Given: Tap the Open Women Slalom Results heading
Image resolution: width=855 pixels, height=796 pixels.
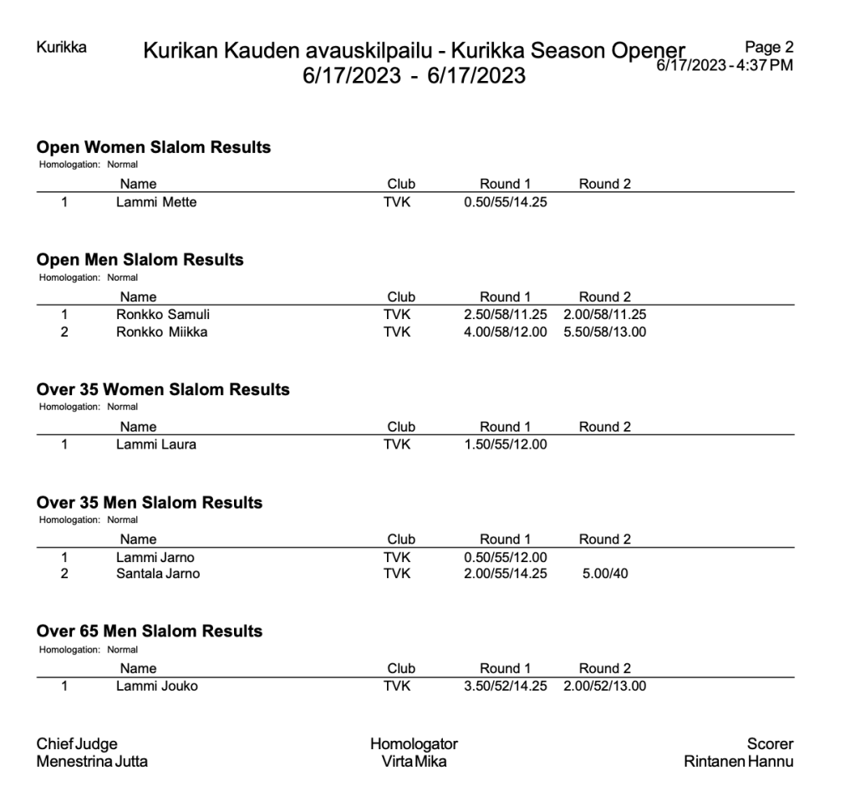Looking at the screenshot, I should click(x=154, y=147).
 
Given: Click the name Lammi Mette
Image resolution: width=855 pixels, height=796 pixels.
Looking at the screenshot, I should click(x=156, y=201).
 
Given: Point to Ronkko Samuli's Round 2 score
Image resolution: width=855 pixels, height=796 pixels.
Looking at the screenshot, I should click(x=604, y=315).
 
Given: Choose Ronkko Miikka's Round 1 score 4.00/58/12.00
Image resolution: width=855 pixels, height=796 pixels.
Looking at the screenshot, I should click(x=505, y=332).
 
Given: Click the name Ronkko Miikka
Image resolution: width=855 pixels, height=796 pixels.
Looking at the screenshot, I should click(x=162, y=332).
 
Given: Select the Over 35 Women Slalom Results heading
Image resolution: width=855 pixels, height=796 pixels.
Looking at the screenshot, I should click(x=163, y=389).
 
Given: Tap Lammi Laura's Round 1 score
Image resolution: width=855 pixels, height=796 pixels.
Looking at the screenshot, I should click(x=505, y=444).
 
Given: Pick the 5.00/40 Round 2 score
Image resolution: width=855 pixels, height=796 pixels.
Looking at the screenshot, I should click(x=604, y=574).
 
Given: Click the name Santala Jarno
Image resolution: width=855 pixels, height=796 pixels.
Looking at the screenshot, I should click(x=158, y=574).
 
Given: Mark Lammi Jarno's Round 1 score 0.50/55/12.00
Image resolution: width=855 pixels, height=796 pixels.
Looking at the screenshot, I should click(x=505, y=557).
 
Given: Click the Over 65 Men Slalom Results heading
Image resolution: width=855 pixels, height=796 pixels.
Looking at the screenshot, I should click(x=150, y=631).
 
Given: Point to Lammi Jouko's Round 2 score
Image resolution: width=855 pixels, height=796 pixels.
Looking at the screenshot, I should click(x=604, y=687).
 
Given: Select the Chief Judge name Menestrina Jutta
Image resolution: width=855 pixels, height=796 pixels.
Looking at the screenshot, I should click(x=92, y=761).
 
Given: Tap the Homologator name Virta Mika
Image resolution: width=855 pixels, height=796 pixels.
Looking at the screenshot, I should click(x=414, y=761).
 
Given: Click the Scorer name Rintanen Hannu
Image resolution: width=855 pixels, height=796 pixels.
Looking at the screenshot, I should click(x=738, y=761).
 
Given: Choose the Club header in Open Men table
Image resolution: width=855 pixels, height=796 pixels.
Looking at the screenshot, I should click(x=401, y=297).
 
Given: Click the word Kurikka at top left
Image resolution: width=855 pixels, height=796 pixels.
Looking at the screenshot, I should click(x=62, y=47).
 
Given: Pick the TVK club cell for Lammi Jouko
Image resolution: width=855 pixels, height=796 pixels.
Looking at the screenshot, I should click(x=397, y=687).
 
